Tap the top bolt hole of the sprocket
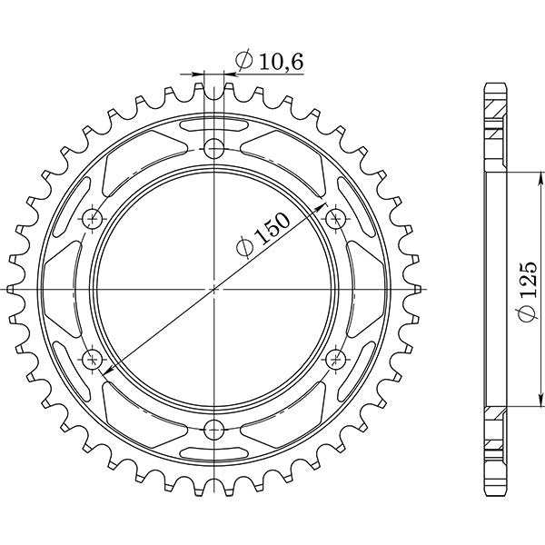click(214, 147)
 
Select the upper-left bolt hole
click(93, 217)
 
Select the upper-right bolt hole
click(336, 217)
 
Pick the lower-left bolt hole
click(93, 357)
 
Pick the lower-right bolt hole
click(336, 357)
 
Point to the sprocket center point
click(214, 288)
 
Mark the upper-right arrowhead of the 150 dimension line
click(322, 209)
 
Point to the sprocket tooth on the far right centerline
click(419, 288)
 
